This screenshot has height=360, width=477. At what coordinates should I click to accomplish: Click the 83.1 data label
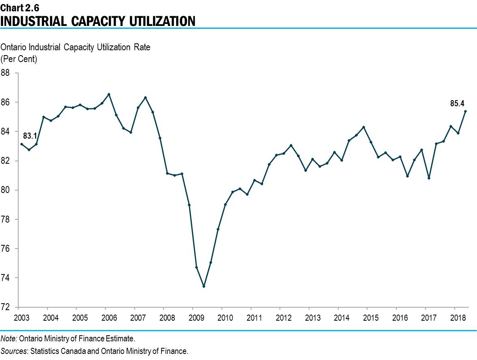click(30, 136)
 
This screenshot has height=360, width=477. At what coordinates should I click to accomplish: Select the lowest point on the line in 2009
click(204, 286)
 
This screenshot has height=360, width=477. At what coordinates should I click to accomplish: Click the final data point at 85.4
click(465, 111)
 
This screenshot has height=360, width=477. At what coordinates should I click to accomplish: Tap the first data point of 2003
click(21, 144)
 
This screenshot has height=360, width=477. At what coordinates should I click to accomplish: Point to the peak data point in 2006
click(109, 94)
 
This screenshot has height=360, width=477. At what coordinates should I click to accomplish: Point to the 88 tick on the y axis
click(6, 73)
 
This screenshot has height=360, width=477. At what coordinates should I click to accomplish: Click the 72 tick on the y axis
click(6, 307)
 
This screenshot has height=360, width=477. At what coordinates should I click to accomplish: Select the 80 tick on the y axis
click(6, 190)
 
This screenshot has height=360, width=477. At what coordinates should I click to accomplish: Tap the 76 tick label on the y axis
click(6, 249)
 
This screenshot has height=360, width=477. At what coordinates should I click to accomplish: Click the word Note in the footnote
click(8, 338)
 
